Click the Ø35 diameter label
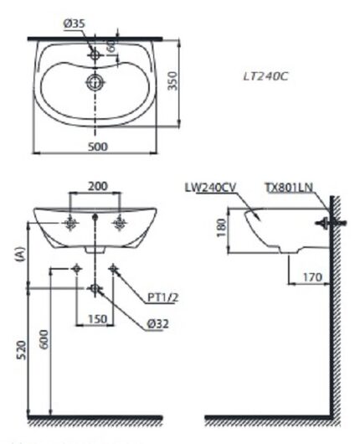click(75, 25)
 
